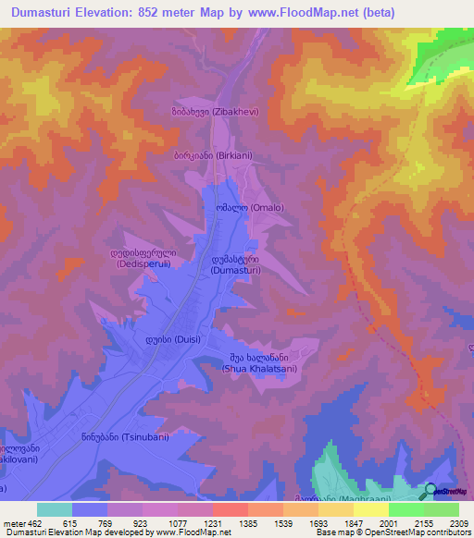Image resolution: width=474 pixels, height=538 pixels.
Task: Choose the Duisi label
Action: click(168, 339)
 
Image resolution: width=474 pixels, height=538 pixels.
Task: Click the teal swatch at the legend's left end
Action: click(55, 509)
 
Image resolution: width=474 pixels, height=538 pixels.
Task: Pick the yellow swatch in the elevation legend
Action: click(371, 509)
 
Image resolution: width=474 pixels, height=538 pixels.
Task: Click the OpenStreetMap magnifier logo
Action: click(430, 491)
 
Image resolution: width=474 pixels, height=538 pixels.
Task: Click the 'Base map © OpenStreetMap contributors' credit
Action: click(393, 532)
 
